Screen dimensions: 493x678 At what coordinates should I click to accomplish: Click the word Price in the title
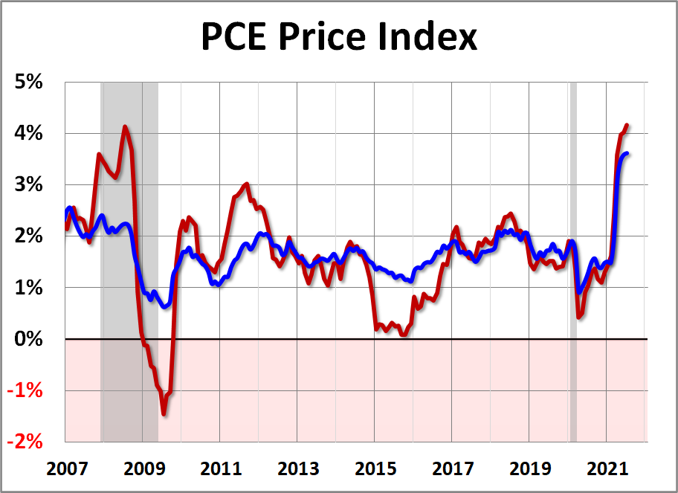tap(320, 36)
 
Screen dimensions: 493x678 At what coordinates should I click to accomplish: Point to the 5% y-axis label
tap(30, 82)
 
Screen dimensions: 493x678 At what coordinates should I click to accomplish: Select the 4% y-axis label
tap(30, 133)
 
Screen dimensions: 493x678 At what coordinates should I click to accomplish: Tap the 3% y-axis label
tap(30, 184)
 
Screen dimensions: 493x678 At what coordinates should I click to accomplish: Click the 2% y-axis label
tap(30, 236)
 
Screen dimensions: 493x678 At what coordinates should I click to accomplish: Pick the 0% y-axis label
tap(30, 339)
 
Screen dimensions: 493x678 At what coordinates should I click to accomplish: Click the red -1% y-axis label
tap(28, 390)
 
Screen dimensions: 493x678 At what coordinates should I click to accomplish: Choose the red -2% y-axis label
tap(28, 442)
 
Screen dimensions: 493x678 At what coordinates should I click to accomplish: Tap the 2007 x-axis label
tap(65, 469)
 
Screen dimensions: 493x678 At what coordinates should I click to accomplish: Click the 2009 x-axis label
tap(143, 469)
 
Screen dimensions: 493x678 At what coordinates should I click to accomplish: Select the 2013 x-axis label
tap(297, 469)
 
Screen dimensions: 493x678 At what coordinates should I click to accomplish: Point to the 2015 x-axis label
tap(375, 469)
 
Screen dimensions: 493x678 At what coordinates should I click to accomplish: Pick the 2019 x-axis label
tap(530, 469)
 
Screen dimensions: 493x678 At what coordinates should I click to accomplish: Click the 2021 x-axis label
tap(607, 469)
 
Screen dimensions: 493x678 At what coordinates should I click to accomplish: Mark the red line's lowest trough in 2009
tap(164, 414)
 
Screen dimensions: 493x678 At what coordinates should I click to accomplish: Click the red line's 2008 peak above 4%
tap(124, 126)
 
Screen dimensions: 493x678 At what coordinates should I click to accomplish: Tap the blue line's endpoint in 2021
tap(628, 154)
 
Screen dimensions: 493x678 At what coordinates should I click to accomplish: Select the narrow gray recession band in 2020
tap(573, 260)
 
